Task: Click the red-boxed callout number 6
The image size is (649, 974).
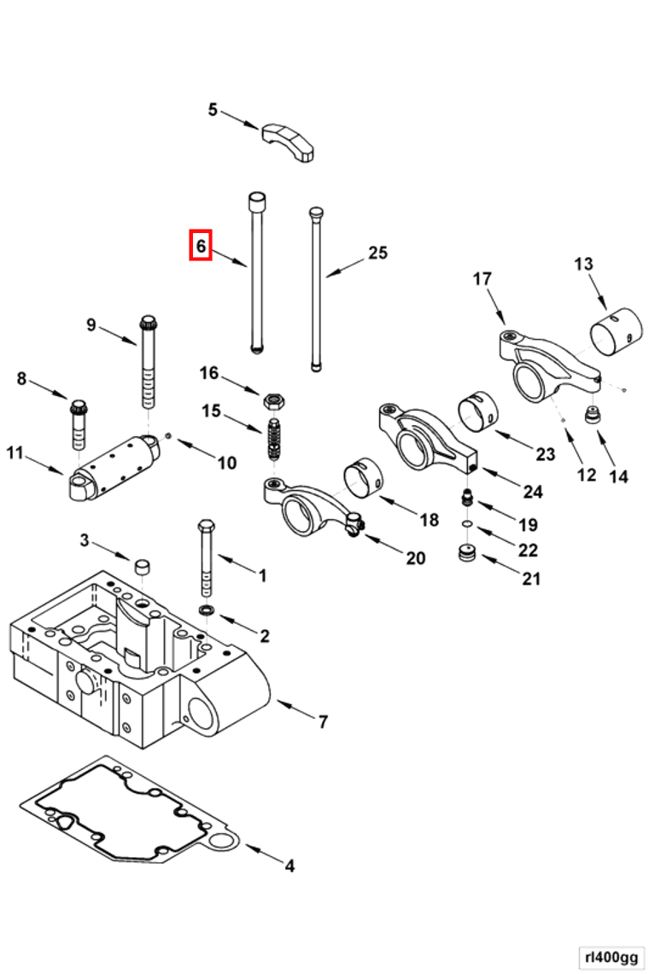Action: [x=200, y=246]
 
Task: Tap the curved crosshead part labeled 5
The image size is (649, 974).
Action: [x=289, y=140]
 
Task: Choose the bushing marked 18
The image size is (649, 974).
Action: [x=362, y=477]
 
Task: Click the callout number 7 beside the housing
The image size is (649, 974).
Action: [x=323, y=722]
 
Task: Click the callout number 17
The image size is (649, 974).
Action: [x=482, y=278]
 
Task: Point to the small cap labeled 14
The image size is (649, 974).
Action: [x=590, y=416]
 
